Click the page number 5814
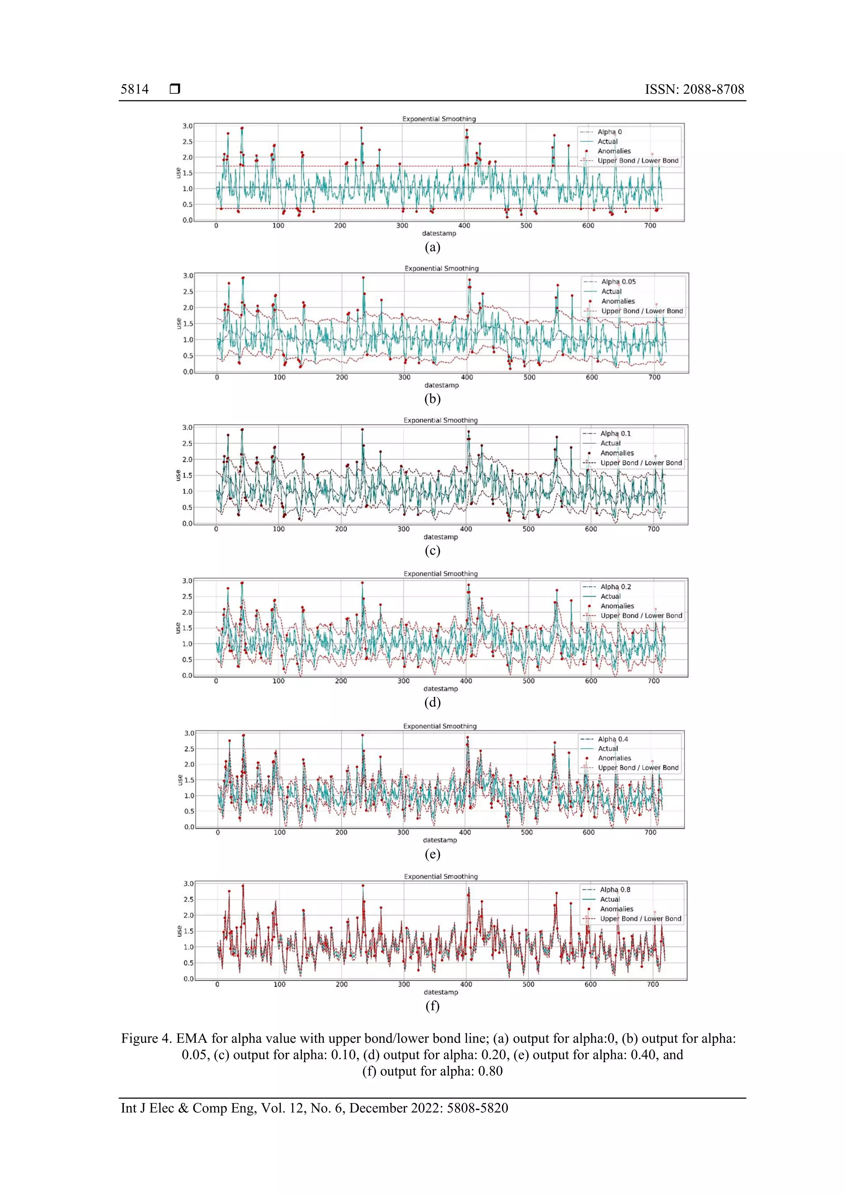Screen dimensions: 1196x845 [135, 89]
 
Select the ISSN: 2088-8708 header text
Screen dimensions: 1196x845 [694, 89]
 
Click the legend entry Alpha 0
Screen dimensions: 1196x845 [609, 132]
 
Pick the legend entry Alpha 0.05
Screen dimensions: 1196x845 [618, 281]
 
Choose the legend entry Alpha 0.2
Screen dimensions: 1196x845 [616, 587]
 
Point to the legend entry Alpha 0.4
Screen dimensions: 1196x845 [613, 739]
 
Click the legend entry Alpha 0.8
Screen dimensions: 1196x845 [615, 889]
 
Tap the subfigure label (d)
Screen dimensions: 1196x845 [432, 702]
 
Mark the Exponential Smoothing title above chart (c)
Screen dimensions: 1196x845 [441, 420]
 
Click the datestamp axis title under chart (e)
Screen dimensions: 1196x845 [440, 840]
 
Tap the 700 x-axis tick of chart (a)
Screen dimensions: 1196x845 [650, 225]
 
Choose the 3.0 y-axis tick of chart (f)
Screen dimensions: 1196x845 [189, 883]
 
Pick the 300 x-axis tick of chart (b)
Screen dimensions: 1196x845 [404, 377]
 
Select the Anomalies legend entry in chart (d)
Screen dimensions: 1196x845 [617, 606]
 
